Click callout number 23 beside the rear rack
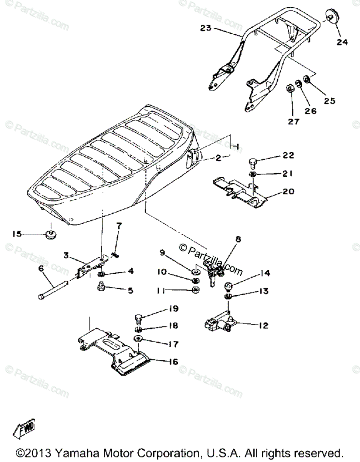pos(206,28)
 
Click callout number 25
pos(329,101)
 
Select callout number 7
pos(118,226)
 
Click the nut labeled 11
pos(195,290)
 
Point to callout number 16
pos(173,362)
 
